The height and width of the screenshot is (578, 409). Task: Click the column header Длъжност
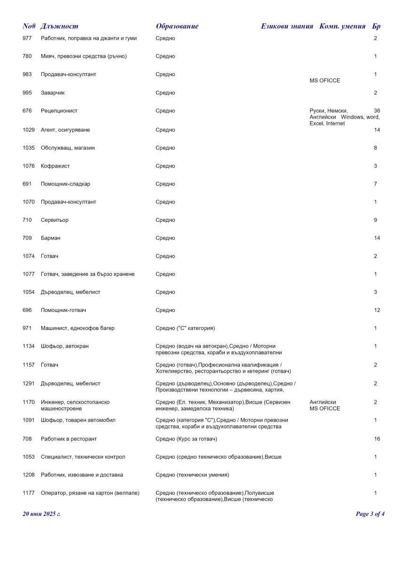pyautogui.click(x=59, y=26)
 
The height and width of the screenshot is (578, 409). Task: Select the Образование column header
pyautogui.click(x=177, y=26)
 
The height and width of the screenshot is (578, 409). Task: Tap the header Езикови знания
pyautogui.click(x=287, y=26)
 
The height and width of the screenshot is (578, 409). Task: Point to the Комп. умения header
pyautogui.click(x=342, y=26)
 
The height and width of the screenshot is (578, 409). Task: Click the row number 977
pyautogui.click(x=27, y=38)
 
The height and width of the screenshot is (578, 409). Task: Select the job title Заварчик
pyautogui.click(x=53, y=93)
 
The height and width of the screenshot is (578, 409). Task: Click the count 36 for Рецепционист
pyautogui.click(x=377, y=111)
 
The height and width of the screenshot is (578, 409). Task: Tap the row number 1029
pyautogui.click(x=29, y=130)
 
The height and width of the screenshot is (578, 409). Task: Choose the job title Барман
pyautogui.click(x=51, y=238)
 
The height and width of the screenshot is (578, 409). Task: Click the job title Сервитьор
pyautogui.click(x=55, y=220)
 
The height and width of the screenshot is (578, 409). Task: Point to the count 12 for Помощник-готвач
pyautogui.click(x=377, y=310)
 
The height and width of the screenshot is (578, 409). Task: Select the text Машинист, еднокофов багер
pyautogui.click(x=78, y=328)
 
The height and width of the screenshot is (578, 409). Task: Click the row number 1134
pyautogui.click(x=29, y=346)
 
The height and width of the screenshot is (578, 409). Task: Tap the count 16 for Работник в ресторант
pyautogui.click(x=377, y=439)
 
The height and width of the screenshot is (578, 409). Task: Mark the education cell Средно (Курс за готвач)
pyautogui.click(x=186, y=439)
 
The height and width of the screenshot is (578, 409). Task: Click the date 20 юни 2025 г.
pyautogui.click(x=41, y=514)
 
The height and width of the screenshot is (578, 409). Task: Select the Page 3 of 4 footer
pyautogui.click(x=370, y=514)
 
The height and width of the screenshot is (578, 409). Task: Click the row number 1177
pyautogui.click(x=29, y=493)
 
